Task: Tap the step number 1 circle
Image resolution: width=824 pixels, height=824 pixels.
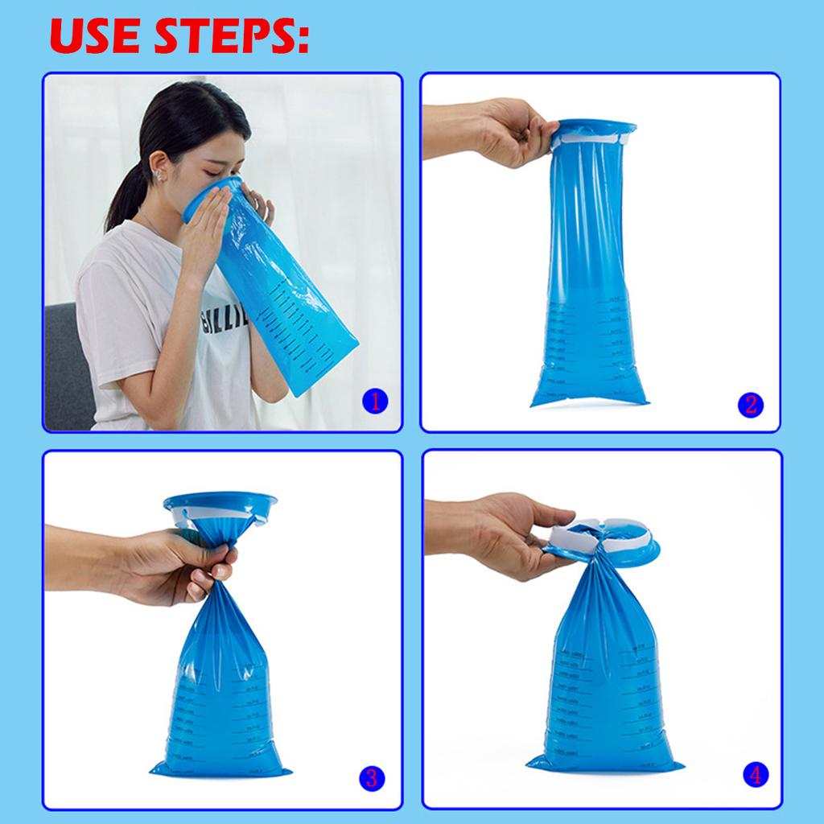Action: tap(375, 400)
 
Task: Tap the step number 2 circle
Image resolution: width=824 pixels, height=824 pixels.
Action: tap(751, 404)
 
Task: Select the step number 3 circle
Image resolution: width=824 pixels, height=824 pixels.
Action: tap(371, 777)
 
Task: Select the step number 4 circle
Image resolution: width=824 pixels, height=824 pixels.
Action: tap(755, 775)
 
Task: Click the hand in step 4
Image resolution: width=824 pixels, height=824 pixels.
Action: tap(515, 535)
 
